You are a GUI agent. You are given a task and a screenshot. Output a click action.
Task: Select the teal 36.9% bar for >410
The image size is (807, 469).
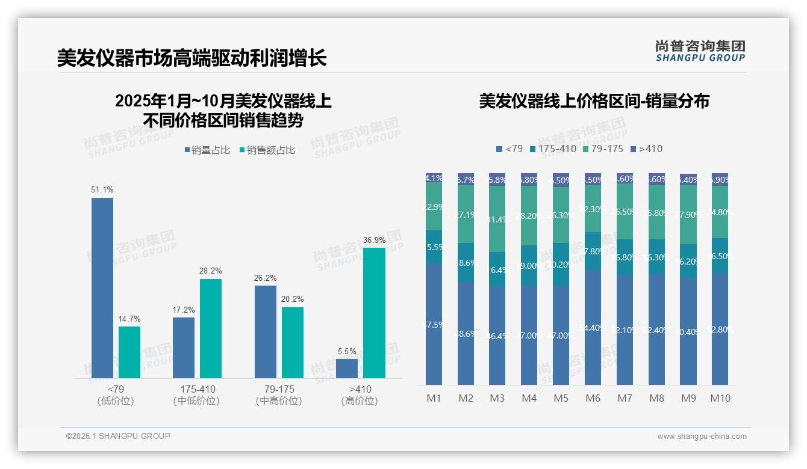374,313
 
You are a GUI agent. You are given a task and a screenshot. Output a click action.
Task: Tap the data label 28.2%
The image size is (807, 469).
210,271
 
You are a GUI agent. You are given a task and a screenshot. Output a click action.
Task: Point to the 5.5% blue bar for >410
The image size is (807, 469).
347,368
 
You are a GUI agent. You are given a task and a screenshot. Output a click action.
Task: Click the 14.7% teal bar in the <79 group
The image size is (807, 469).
129,352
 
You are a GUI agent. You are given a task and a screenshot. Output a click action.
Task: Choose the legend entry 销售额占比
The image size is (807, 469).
267,150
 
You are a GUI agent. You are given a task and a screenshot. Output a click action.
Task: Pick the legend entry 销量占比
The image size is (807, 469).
207,150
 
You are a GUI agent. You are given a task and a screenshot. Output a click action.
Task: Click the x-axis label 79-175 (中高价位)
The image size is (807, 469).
279,395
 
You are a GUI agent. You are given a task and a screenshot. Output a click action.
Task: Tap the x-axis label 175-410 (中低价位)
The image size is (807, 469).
197,395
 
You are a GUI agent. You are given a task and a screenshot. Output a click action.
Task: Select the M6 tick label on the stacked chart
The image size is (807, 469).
593,398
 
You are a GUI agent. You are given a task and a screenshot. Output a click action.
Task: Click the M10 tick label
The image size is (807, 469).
720,398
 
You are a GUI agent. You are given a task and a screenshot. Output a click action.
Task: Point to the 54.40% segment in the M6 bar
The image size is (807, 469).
593,327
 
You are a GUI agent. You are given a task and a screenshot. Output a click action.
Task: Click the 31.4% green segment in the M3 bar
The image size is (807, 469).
497,219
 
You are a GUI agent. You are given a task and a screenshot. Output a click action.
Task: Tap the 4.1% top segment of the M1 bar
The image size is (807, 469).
434,178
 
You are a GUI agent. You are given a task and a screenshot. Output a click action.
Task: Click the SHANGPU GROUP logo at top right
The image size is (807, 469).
700,51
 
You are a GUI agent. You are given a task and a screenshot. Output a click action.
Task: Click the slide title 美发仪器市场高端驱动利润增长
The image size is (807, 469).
192,58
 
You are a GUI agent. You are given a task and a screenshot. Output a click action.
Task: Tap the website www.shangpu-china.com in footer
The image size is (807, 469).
702,437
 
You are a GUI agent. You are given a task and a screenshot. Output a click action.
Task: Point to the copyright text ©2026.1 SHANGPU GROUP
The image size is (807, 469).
118,436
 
